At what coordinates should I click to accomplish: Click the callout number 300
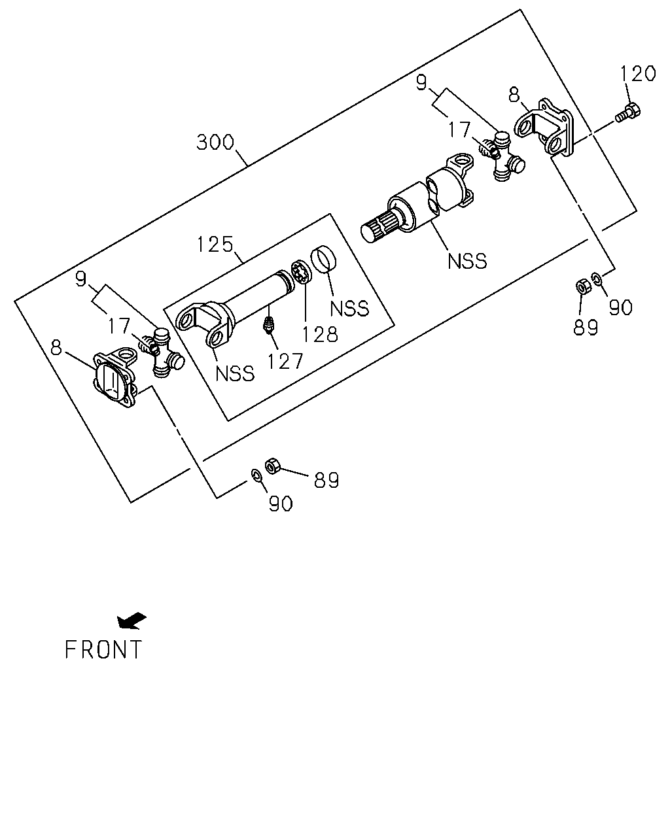point(215,143)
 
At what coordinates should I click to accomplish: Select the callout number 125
point(215,245)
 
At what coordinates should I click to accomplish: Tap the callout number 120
point(638,73)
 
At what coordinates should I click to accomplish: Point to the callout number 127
point(285,362)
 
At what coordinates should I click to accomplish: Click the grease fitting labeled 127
point(268,324)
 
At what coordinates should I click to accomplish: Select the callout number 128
point(320,334)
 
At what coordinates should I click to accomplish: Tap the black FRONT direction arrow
point(132,621)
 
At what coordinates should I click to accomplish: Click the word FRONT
point(103,650)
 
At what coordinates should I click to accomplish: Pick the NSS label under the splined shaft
point(467,262)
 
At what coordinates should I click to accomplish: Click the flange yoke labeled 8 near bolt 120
point(544,128)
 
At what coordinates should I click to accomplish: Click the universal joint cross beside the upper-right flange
point(502,156)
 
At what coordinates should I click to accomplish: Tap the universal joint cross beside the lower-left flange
point(162,352)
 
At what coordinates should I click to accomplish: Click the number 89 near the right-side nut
point(585,327)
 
